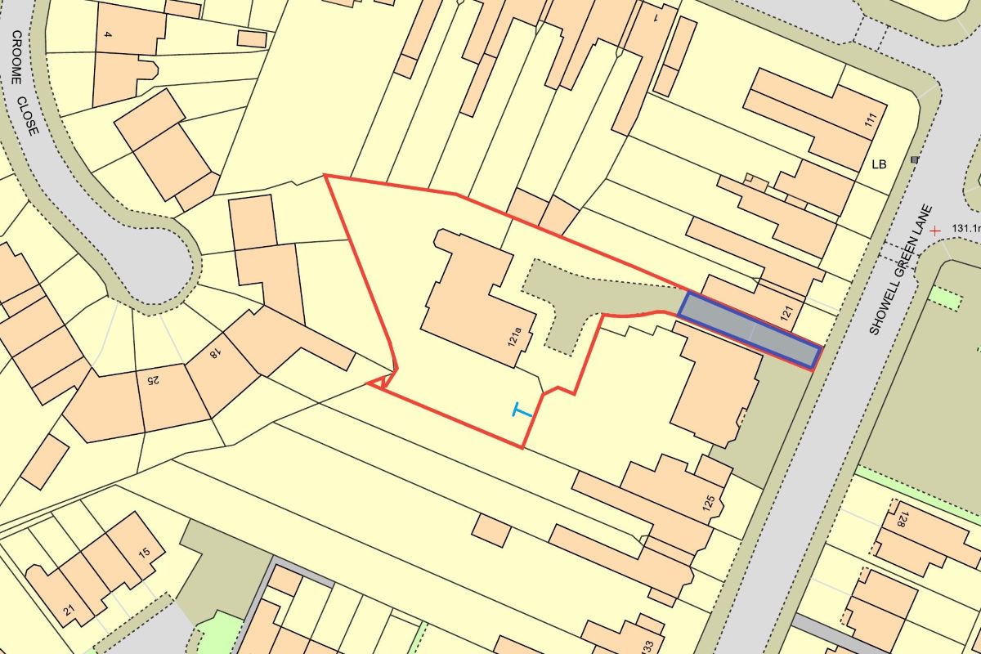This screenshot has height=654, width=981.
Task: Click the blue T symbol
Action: click(521, 410)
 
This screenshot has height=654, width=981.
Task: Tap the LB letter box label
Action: click(879, 164)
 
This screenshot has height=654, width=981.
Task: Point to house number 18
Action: click(215, 354)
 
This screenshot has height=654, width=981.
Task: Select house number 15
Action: click(144, 553)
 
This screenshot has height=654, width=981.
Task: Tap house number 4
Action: click(107, 34)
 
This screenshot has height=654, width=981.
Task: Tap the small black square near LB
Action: click(914, 159)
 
